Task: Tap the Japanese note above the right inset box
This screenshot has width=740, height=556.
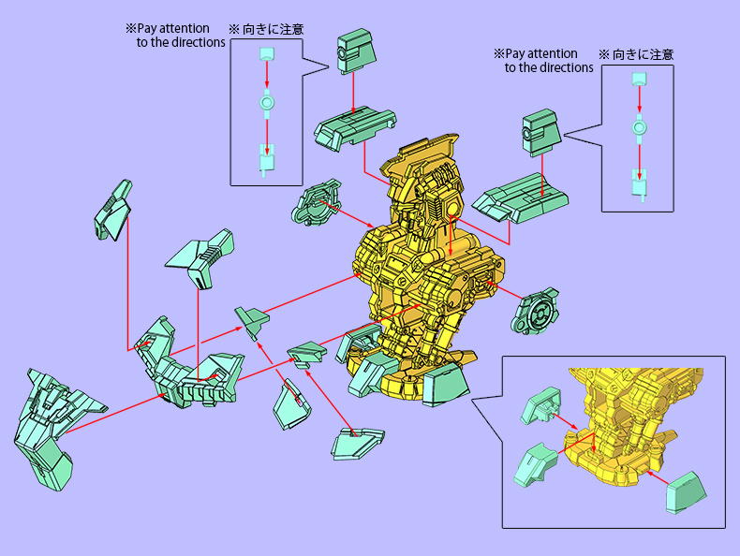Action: pos(635,54)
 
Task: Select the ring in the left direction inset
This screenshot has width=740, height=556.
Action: pos(267,102)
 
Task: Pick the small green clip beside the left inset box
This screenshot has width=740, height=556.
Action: pos(353,51)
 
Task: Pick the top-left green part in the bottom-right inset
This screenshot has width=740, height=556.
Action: pos(540,408)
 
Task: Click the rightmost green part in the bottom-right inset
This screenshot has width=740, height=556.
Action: pos(687,490)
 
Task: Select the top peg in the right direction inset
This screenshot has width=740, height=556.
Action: pos(639,81)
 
